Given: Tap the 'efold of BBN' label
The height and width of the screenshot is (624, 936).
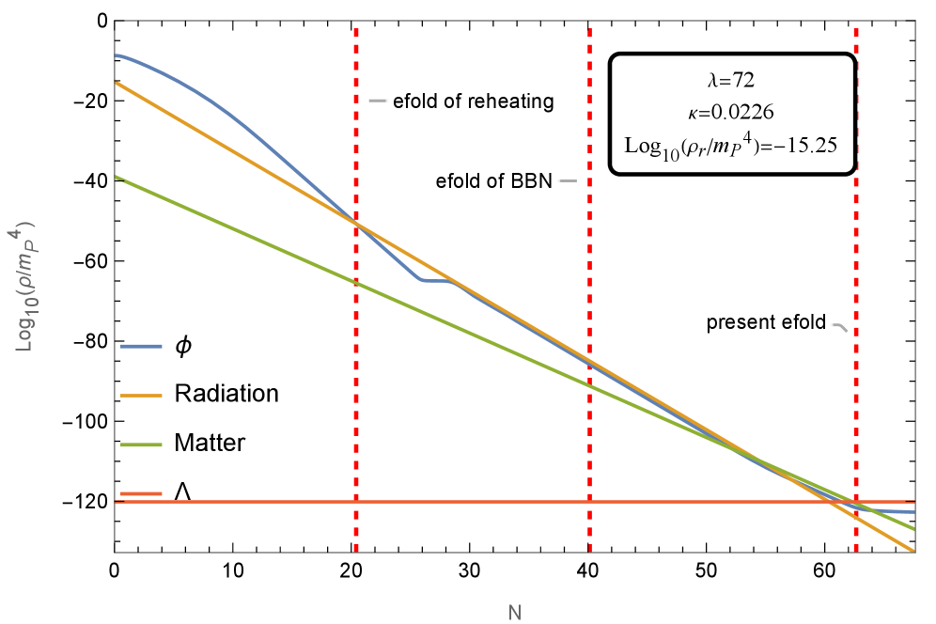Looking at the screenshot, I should pyautogui.click(x=492, y=181).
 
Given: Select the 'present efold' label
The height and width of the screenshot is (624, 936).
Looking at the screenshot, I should pyautogui.click(x=766, y=323).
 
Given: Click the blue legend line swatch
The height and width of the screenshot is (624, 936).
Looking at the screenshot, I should pyautogui.click(x=142, y=347).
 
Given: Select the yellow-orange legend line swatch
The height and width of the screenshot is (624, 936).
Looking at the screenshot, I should pyautogui.click(x=142, y=396).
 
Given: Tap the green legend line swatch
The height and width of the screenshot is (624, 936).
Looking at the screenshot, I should pyautogui.click(x=142, y=445).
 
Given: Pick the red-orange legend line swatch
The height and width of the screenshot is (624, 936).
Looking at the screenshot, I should pyautogui.click(x=142, y=493).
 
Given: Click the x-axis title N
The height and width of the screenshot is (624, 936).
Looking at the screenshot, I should pyautogui.click(x=514, y=613).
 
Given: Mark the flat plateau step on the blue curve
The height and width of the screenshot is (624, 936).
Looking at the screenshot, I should pyautogui.click(x=438, y=280).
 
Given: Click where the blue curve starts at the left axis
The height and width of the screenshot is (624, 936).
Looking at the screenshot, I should pyautogui.click(x=117, y=55).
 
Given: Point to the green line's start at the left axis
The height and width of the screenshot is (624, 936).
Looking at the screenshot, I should pyautogui.click(x=117, y=178).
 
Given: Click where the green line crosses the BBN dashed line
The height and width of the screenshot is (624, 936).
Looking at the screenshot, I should pyautogui.click(x=590, y=384).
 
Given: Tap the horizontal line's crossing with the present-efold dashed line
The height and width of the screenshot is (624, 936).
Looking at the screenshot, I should pyautogui.click(x=855, y=502).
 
